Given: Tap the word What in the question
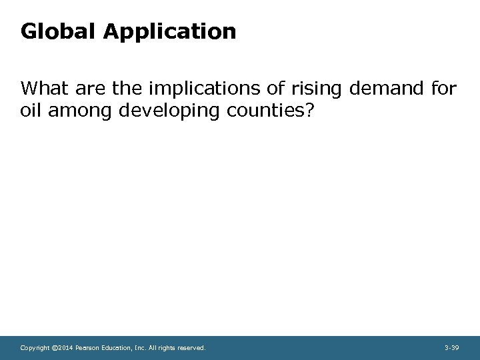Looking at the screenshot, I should pyautogui.click(x=43, y=88).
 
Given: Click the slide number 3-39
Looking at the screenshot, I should pyautogui.click(x=451, y=347).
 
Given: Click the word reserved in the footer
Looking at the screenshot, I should pyautogui.click(x=191, y=347).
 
